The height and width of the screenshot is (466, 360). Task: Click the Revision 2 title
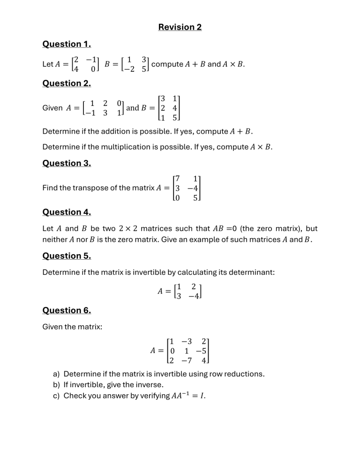tap(180, 27)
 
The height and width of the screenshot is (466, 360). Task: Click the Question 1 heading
tap(67, 44)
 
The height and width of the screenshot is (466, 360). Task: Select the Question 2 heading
tap(67, 83)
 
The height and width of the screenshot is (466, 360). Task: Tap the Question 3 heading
tap(67, 163)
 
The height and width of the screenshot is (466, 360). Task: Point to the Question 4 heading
tap(67, 212)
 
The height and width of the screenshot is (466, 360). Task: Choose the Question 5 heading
tap(67, 256)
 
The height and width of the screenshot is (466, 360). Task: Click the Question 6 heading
tap(67, 310)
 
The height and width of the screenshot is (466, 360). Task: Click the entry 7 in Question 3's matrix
tap(177, 179)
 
